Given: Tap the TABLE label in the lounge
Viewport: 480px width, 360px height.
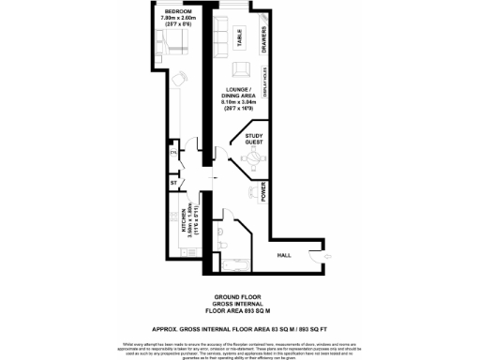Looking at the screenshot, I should click(x=240, y=38).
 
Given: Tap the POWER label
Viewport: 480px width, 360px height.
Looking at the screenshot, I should click(x=263, y=194).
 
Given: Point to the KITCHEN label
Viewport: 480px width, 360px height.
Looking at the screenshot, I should click(x=173, y=222).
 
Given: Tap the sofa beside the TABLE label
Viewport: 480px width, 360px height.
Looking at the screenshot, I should click(x=221, y=39).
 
